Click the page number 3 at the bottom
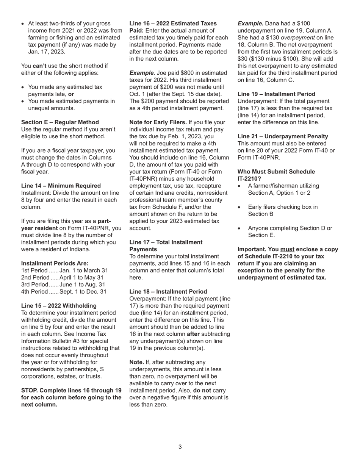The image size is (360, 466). (180, 447)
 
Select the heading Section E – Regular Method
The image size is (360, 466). (60, 122)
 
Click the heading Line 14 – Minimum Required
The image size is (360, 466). (61, 186)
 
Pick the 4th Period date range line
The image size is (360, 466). (64, 292)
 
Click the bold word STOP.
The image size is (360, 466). (29, 391)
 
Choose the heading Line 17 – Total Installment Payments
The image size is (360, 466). (166, 246)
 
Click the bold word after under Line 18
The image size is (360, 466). (193, 334)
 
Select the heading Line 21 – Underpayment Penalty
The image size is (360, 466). (283, 136)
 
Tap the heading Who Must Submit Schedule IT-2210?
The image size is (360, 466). (276, 175)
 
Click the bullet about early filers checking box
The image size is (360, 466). (283, 210)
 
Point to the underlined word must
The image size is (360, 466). (287, 249)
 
